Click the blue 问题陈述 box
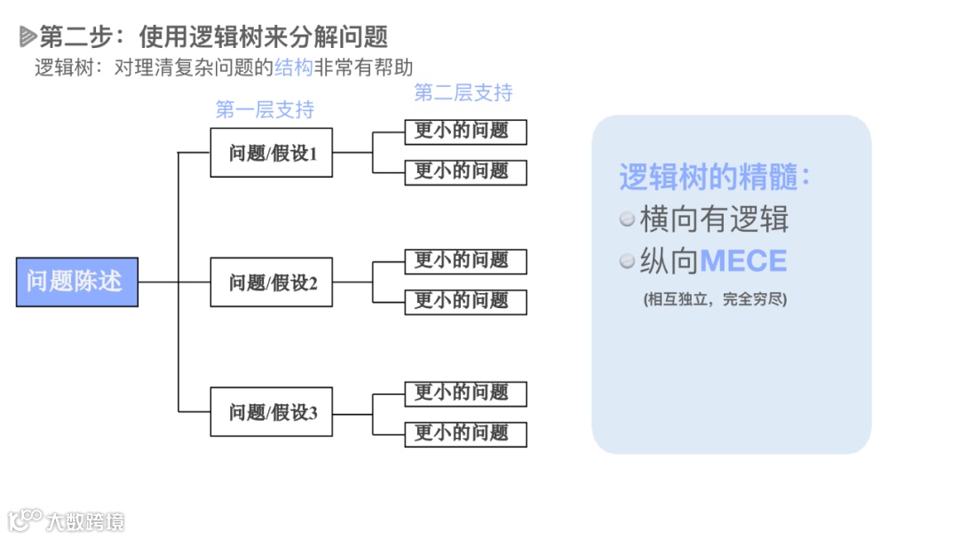[77, 281]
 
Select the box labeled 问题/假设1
[272, 153]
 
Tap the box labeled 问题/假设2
[272, 282]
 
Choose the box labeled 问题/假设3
[272, 412]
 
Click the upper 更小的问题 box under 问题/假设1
[465, 131]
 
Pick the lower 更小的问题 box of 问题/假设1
[465, 171]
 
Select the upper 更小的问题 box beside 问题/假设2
[465, 261]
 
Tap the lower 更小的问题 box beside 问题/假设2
[465, 301]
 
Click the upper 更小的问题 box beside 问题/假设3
[465, 393]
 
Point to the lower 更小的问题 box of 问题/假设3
[465, 433]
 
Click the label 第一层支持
[265, 110]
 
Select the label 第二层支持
[463, 92]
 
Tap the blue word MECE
[743, 261]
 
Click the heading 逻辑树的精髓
[714, 177]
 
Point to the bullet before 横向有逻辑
[628, 218]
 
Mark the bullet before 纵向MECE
[628, 261]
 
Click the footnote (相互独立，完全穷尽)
[715, 299]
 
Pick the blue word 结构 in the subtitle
[294, 67]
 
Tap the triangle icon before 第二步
[28, 36]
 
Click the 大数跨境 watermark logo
[67, 519]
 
